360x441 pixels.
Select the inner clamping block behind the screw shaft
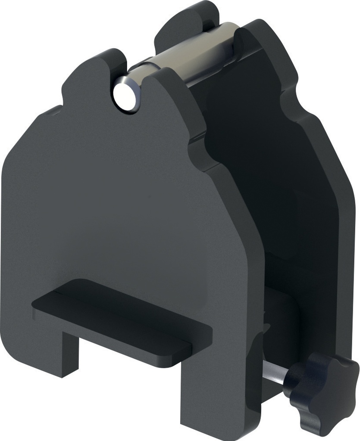tap(280, 319)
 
